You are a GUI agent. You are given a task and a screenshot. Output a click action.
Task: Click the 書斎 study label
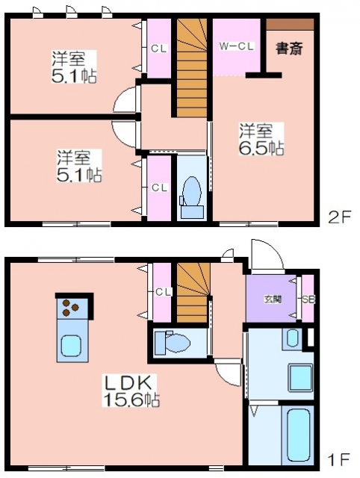[289, 48]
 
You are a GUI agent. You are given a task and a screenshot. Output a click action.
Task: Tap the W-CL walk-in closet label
[237, 46]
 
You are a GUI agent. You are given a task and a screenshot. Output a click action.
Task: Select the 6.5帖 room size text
[261, 148]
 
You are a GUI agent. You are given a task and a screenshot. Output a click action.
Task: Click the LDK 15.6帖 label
[131, 391]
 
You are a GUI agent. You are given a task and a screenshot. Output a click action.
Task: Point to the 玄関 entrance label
[273, 299]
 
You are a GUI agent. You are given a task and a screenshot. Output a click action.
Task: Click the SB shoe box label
[308, 299]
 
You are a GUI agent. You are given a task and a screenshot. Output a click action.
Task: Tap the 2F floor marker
[340, 217]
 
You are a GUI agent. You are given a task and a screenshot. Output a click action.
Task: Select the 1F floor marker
[338, 459]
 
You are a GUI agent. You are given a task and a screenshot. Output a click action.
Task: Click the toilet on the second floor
[192, 196]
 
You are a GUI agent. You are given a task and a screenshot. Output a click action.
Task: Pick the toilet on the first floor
[173, 343]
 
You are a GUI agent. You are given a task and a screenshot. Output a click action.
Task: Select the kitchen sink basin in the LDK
[71, 345]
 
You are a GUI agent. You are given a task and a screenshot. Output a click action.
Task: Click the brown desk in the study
[290, 24]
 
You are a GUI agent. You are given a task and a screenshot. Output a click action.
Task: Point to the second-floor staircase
[192, 67]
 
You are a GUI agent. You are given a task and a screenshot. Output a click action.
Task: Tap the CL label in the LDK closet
[164, 292]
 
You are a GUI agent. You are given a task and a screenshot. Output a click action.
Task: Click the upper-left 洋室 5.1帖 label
[74, 67]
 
